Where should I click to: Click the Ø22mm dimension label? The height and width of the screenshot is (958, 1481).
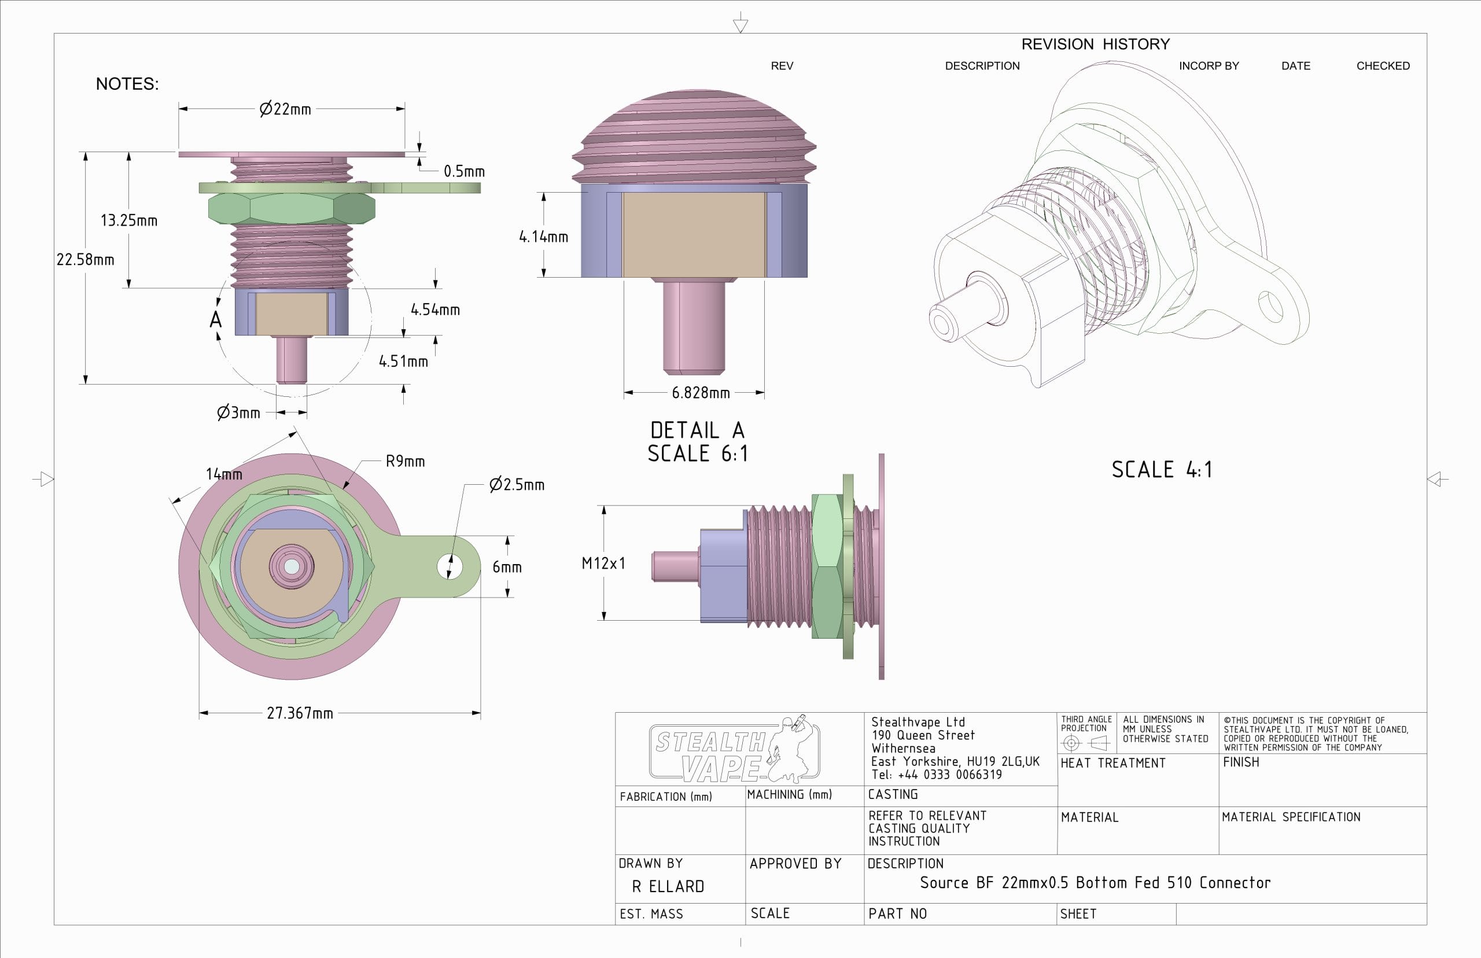tap(285, 109)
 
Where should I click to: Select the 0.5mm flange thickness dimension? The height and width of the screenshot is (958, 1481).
tap(463, 171)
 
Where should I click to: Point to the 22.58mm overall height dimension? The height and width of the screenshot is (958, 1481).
tap(85, 259)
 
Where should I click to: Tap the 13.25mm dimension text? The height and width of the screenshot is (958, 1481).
tap(129, 220)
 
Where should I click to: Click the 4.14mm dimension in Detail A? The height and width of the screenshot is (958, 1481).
tap(543, 237)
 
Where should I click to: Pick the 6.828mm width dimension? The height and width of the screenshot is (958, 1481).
tap(700, 393)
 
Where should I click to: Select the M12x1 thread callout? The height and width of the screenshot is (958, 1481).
tap(603, 563)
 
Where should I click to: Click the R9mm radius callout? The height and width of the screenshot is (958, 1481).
tap(405, 461)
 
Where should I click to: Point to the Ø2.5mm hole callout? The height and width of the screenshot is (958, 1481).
tap(516, 484)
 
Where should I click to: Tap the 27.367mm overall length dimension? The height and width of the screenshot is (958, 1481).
tap(300, 713)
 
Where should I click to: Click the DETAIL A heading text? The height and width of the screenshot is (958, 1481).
tap(697, 430)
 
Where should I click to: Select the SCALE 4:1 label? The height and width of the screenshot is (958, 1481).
tap(1161, 470)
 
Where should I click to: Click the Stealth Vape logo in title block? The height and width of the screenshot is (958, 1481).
tap(734, 749)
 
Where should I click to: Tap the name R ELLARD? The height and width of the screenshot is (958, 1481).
tap(668, 886)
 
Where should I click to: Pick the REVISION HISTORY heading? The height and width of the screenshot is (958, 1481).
tap(1095, 44)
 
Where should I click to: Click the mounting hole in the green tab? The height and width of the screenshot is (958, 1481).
tap(449, 567)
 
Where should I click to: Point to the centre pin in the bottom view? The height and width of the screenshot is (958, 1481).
tap(291, 566)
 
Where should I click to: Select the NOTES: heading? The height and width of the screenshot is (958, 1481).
tap(127, 84)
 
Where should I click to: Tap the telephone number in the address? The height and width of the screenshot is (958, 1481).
tap(937, 775)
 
